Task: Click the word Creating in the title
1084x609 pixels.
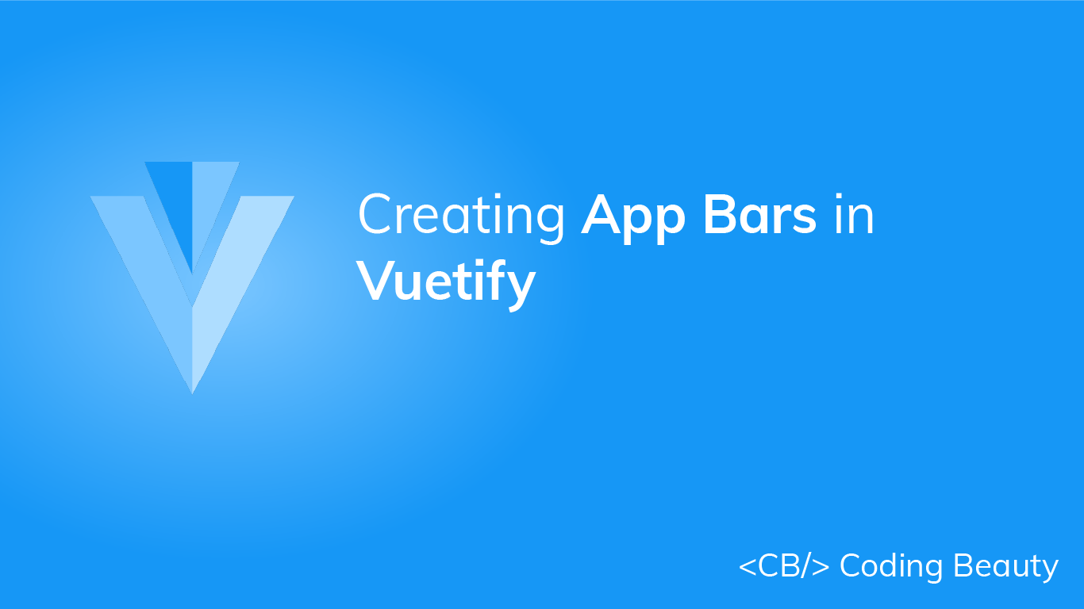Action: click(461, 216)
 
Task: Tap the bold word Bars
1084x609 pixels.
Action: click(760, 214)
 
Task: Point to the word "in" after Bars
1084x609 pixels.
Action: click(854, 214)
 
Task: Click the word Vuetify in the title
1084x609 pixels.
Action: click(446, 281)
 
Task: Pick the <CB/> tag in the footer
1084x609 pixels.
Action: click(784, 566)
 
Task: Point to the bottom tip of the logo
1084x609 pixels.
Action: click(192, 390)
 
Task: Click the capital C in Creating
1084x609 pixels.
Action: click(375, 215)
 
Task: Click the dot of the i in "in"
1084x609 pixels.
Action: click(838, 197)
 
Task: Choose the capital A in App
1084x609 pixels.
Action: click(602, 214)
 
